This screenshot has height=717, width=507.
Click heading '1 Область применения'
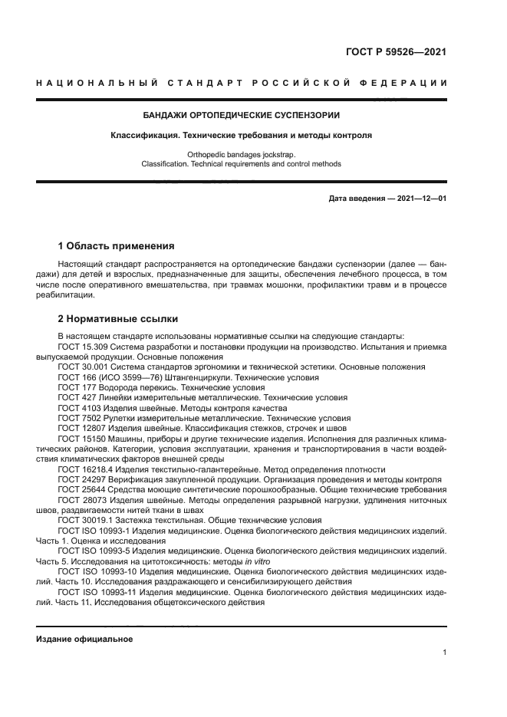(116, 246)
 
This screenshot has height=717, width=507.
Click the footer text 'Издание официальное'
(84, 639)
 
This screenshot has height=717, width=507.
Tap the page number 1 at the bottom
(444, 653)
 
